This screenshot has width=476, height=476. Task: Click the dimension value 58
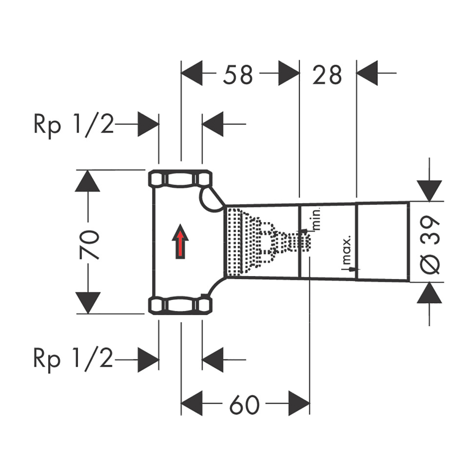[x=237, y=75]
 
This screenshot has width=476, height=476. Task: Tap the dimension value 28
[x=327, y=75]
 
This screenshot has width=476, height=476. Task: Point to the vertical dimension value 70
[x=90, y=245]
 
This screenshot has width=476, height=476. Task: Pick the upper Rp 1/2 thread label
[x=74, y=125]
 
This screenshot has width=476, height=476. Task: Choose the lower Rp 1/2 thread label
[x=74, y=360]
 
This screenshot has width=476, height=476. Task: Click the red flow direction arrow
[x=181, y=242]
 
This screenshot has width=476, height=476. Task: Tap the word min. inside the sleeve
[x=317, y=218]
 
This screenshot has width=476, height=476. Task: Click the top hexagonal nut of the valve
[x=180, y=180]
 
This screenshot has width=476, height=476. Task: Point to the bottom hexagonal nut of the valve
[x=180, y=305]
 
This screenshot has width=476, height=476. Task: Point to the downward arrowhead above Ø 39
[x=429, y=190]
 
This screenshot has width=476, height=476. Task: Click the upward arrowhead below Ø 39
[x=429, y=294]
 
